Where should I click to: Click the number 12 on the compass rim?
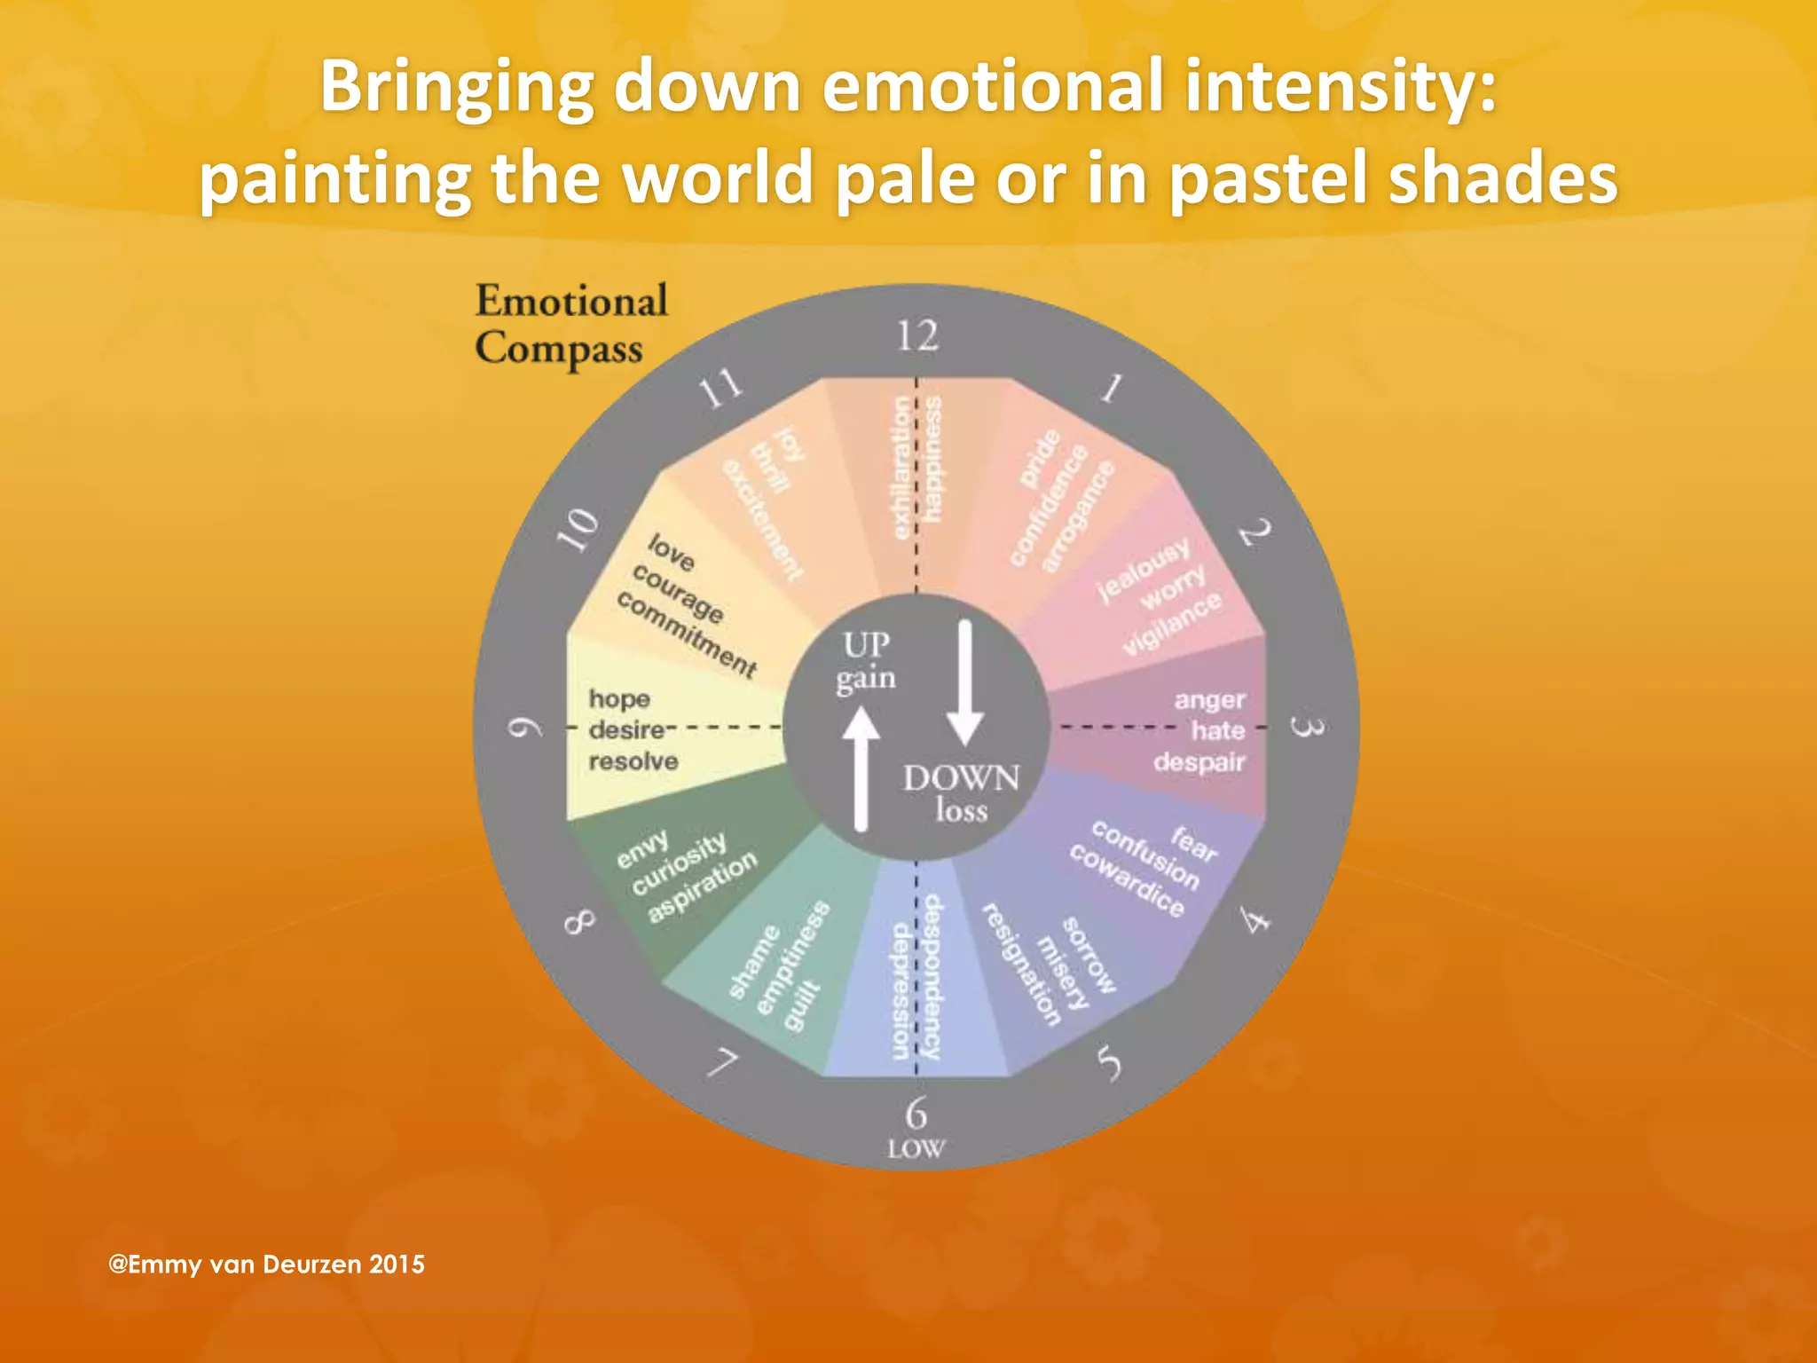[916, 336]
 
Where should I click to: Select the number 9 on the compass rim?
[524, 729]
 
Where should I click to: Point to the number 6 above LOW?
[916, 1113]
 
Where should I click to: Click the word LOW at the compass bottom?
[916, 1149]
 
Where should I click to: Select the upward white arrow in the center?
[860, 768]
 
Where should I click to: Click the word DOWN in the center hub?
[962, 778]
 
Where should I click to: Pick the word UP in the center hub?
[866, 644]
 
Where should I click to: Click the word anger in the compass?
[1209, 700]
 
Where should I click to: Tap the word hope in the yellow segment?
[619, 699]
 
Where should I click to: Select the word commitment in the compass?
[687, 634]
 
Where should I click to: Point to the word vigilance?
[1172, 625]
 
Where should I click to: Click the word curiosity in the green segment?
[679, 864]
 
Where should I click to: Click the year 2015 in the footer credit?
[397, 1265]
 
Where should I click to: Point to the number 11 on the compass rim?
[720, 388]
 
